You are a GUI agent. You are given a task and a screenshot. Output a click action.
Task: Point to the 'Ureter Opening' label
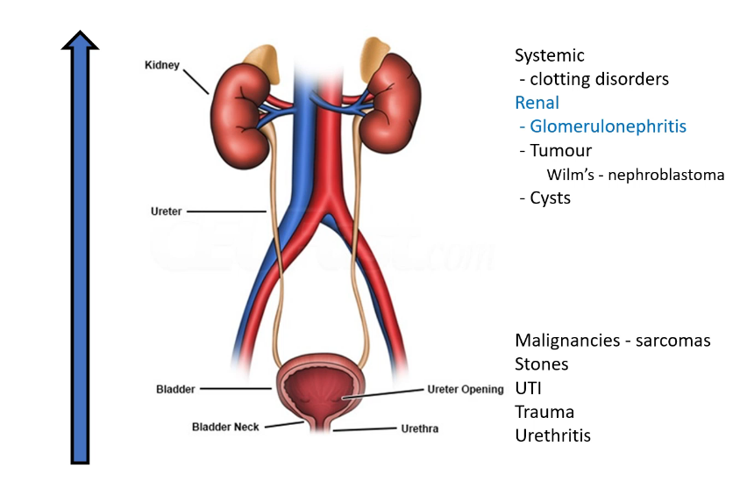click(466, 389)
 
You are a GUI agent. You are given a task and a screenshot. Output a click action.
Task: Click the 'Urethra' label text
click(418, 429)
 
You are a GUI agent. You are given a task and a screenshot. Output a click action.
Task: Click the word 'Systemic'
click(550, 55)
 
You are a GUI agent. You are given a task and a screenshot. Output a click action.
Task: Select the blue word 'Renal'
click(537, 103)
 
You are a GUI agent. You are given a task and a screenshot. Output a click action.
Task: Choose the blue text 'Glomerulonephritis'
click(608, 126)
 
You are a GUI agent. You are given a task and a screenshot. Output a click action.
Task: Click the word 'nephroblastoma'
click(672, 175)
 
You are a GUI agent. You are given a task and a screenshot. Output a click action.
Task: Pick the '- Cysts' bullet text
click(544, 198)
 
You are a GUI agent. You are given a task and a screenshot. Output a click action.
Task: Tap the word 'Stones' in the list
click(542, 363)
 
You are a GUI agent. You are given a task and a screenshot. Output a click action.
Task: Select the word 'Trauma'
click(544, 412)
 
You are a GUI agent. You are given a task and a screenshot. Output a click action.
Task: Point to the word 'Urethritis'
click(553, 435)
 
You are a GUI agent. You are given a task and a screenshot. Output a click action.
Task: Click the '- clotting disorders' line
click(594, 79)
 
